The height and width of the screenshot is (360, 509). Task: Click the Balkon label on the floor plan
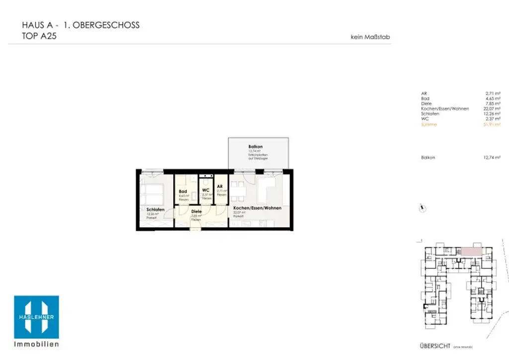[255, 147]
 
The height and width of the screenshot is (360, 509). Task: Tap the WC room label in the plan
[206, 190]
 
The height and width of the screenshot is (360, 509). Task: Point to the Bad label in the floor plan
[183, 191]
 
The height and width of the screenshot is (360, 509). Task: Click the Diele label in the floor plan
[197, 211]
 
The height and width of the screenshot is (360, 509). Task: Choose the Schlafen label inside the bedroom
[155, 210]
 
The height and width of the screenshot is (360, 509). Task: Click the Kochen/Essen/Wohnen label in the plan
[257, 208]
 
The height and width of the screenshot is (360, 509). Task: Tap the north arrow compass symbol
[423, 209]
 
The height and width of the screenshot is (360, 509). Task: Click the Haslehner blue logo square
[36, 317]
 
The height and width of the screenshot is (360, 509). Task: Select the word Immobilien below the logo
[36, 344]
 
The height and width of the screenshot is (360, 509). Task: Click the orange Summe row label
[428, 124]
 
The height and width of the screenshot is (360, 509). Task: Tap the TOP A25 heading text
[39, 36]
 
